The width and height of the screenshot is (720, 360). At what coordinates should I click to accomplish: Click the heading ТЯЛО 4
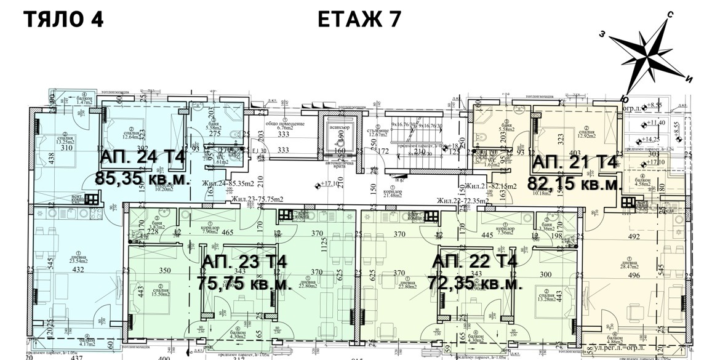click(x=63, y=19)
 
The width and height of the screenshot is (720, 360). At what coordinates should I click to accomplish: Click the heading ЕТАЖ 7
click(x=360, y=19)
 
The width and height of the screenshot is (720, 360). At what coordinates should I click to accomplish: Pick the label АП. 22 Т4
click(x=475, y=262)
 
